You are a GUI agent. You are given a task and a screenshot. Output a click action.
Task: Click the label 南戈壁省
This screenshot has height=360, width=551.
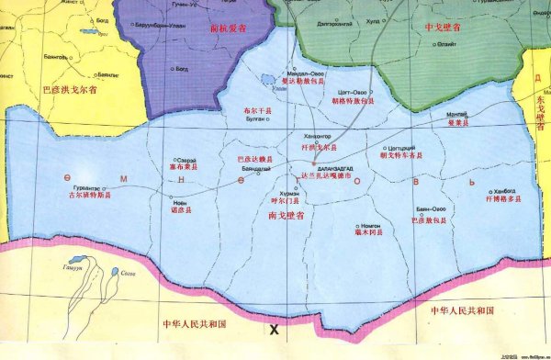(281, 213)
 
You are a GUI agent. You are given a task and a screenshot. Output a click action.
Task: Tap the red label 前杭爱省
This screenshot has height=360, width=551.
(229, 28)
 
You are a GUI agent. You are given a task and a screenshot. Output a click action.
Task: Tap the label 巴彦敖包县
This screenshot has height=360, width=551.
(429, 220)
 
